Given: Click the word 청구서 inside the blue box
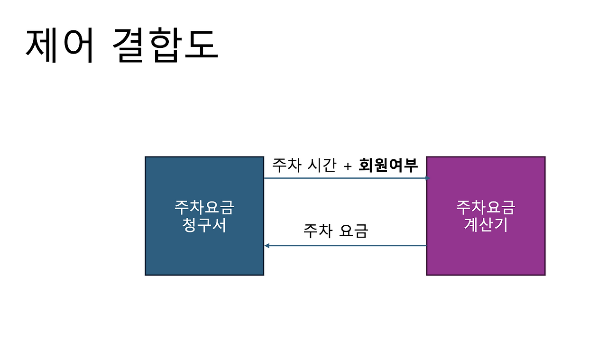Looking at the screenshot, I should [204, 225].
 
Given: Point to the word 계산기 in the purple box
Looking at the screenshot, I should [486, 224].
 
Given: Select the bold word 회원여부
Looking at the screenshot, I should [388, 165].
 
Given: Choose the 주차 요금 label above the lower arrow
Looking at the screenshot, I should [336, 231].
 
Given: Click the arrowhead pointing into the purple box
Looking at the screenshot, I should [427, 178].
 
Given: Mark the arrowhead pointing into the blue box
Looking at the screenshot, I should [267, 246].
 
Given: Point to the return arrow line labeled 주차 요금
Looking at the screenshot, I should [346, 246].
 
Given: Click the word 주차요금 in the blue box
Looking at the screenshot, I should [204, 208].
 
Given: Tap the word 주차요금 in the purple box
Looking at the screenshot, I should [486, 207].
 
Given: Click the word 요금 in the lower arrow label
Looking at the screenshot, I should [354, 231].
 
